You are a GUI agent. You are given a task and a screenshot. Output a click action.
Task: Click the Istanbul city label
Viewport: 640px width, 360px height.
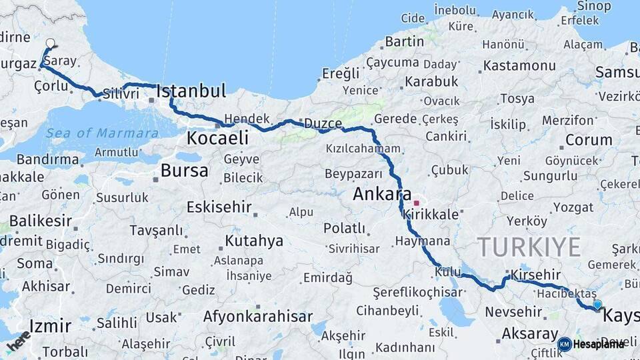[191, 91]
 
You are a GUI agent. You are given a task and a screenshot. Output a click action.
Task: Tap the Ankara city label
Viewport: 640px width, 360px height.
[382, 195]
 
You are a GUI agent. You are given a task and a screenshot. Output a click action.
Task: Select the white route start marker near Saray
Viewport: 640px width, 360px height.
[50, 44]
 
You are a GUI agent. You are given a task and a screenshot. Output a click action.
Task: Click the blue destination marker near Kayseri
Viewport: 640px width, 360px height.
[597, 305]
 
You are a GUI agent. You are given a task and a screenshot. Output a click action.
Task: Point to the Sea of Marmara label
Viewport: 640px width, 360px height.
[102, 133]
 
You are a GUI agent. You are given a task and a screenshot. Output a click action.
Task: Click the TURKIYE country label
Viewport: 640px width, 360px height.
[529, 247]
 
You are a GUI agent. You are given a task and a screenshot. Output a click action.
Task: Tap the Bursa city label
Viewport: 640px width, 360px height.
[184, 171]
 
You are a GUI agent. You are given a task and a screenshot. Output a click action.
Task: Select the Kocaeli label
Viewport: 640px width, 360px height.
[217, 138]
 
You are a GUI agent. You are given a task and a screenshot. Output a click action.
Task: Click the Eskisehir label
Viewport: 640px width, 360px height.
[219, 207]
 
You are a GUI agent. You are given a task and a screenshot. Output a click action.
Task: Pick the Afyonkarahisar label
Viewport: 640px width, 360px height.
[257, 317]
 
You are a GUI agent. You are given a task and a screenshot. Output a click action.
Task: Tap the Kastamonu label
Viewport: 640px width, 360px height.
[519, 65]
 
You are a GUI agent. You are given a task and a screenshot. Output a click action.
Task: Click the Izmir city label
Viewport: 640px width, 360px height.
[51, 327]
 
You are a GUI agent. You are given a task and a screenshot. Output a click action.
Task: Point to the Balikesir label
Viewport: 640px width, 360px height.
[40, 220]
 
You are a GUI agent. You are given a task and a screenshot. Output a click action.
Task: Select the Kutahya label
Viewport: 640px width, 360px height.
[254, 241]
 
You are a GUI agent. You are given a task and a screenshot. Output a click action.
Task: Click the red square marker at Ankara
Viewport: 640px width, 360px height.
[417, 203]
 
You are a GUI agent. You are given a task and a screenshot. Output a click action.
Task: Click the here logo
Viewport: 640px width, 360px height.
[19, 341]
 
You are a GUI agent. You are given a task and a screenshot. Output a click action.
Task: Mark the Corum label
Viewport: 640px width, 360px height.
[589, 140]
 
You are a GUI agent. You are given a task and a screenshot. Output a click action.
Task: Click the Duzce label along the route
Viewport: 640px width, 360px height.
[323, 123]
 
